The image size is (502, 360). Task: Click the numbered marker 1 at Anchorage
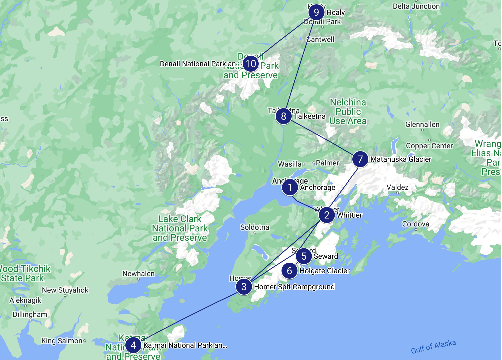click(290, 187)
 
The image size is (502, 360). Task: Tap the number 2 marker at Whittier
click(327, 215)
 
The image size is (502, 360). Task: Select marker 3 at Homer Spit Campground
click(244, 287)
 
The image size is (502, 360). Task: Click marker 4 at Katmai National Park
click(133, 345)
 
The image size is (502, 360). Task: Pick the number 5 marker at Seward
click(304, 256)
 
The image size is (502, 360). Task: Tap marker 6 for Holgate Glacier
click(289, 271)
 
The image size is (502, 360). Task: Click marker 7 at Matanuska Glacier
click(360, 159)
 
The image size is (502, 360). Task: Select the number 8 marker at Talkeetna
click(283, 116)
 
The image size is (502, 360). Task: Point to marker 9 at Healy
click(316, 12)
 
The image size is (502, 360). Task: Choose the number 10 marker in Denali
click(251, 64)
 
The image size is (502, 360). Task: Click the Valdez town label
click(397, 187)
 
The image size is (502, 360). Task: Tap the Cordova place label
click(415, 224)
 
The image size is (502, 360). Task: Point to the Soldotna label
click(255, 227)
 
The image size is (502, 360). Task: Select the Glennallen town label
click(422, 124)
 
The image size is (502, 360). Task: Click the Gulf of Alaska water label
click(433, 347)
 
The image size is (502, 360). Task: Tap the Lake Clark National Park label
click(180, 228)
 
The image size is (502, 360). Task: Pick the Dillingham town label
click(30, 314)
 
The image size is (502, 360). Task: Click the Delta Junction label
click(416, 6)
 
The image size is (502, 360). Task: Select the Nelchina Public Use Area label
click(348, 112)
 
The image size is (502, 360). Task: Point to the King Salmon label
click(62, 341)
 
